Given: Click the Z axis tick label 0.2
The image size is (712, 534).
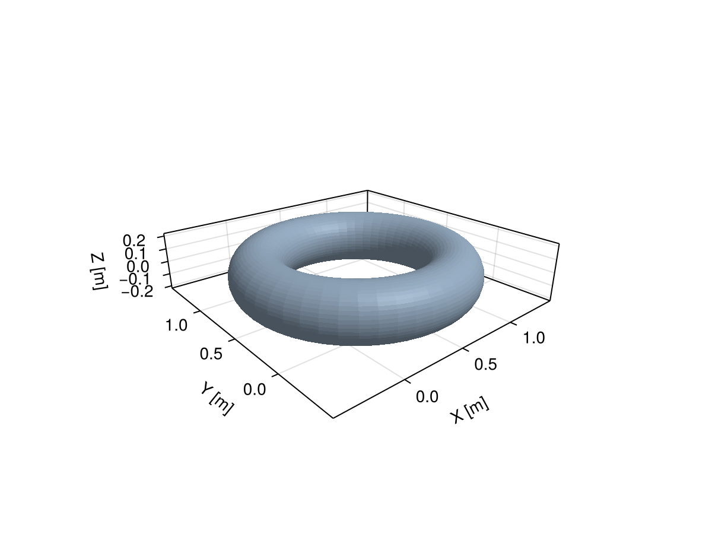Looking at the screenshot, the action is [x=134, y=240].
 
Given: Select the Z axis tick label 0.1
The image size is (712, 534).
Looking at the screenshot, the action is [x=136, y=254].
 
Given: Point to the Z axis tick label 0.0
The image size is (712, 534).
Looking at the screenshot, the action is [x=138, y=266].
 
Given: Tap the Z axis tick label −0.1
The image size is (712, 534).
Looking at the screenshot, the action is [x=135, y=279].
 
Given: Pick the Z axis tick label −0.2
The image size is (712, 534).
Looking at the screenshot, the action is [x=137, y=292].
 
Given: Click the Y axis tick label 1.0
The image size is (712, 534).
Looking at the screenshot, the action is [x=176, y=325].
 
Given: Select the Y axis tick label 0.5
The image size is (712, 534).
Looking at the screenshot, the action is [x=211, y=354].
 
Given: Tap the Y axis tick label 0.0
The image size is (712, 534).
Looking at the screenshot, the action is [x=255, y=389].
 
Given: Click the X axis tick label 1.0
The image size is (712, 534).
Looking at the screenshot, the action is [x=534, y=338].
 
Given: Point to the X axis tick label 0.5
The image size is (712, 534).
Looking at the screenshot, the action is [x=485, y=364].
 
